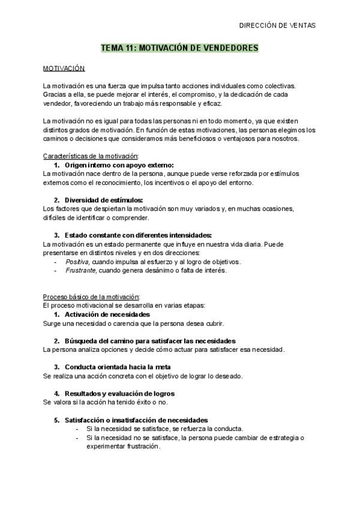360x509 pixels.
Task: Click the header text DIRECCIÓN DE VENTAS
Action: tap(277, 25)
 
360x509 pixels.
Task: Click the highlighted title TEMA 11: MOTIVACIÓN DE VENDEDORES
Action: tap(179, 47)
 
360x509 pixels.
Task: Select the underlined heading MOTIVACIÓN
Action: tap(64, 69)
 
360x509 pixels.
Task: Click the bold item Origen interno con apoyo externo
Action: tap(119, 164)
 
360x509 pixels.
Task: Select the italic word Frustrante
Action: tap(80, 270)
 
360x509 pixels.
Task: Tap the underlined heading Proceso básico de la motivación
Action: tap(92, 297)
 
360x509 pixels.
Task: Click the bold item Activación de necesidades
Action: tap(107, 315)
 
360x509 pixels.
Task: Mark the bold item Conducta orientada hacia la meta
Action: tap(118, 367)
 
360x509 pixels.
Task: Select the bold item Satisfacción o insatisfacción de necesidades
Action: tap(136, 420)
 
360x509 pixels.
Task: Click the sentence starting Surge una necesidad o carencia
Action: tap(133, 324)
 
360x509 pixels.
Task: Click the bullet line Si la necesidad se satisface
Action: tap(164, 429)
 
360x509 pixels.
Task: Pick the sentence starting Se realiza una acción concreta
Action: tap(142, 376)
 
